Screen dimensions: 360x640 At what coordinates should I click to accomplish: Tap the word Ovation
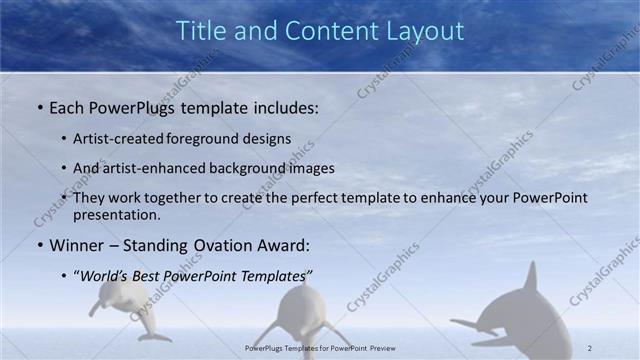[x=213, y=245]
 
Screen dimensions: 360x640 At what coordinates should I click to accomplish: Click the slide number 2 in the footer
[x=589, y=348]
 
